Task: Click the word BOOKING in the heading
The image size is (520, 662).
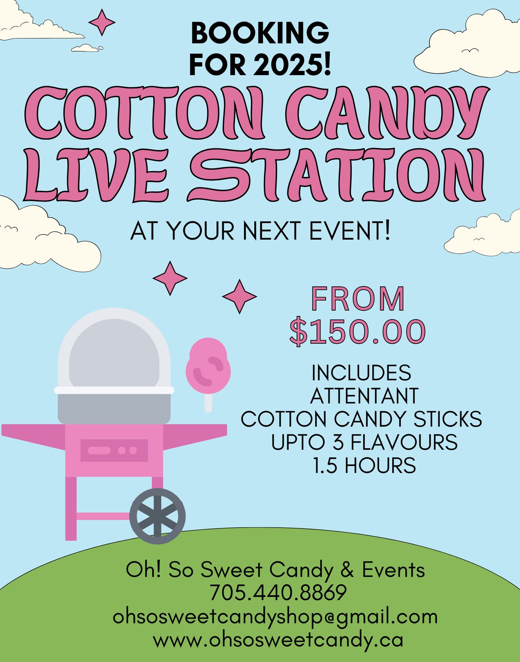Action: coord(260,33)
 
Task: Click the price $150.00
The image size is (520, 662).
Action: coord(358,331)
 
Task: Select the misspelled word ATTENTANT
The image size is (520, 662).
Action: coord(364,396)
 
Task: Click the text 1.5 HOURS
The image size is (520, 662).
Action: coord(364,466)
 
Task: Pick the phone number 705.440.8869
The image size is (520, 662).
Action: coord(278,593)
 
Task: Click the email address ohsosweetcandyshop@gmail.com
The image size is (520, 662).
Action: coord(275,617)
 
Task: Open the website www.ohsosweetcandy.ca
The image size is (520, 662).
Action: coord(278,640)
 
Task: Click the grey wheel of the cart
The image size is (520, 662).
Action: coord(157,516)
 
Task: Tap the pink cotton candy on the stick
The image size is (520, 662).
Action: coord(208,366)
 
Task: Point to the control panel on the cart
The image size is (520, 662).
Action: coord(114,450)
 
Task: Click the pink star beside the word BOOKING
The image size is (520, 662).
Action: coord(102,22)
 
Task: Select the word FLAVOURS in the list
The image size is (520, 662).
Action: coord(404,442)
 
